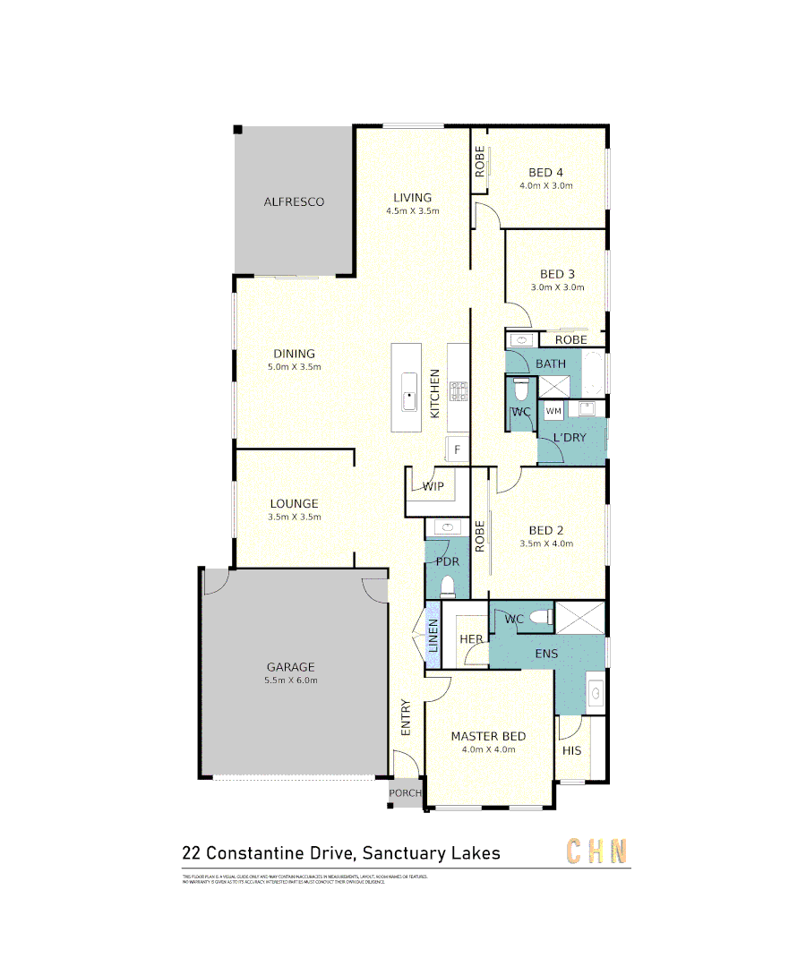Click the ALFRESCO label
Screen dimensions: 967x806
pos(294,202)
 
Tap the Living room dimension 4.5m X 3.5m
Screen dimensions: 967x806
pos(412,211)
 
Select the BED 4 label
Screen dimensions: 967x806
pos(545,173)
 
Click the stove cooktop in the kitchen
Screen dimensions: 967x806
pos(459,391)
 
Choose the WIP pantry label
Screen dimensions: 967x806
pos(433,487)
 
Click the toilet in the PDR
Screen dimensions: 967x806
pos(448,586)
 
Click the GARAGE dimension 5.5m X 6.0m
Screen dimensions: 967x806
pos(290,680)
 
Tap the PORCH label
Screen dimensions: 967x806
pos(405,793)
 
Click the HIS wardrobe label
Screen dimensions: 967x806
pos(571,750)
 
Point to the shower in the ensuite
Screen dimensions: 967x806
pos(580,618)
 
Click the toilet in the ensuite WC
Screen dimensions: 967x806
pos(541,618)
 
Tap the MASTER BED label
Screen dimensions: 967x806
pos(488,736)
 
